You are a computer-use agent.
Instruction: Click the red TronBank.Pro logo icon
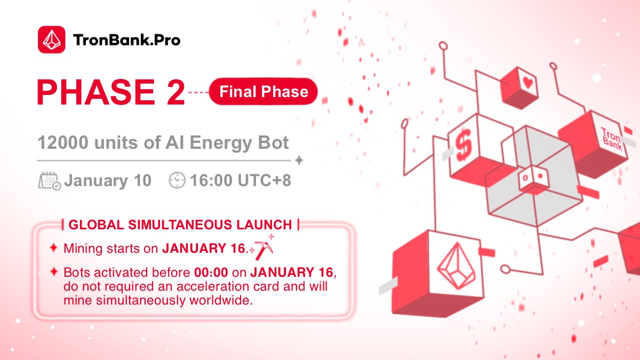(51, 39)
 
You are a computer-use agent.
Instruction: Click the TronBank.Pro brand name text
(126, 40)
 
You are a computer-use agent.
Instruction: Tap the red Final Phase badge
(263, 92)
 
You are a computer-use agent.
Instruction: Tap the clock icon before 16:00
(177, 181)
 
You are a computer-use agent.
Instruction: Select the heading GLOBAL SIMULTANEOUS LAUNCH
(180, 225)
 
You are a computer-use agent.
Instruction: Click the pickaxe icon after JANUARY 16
(262, 249)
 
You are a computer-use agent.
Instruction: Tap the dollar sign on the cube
(462, 142)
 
